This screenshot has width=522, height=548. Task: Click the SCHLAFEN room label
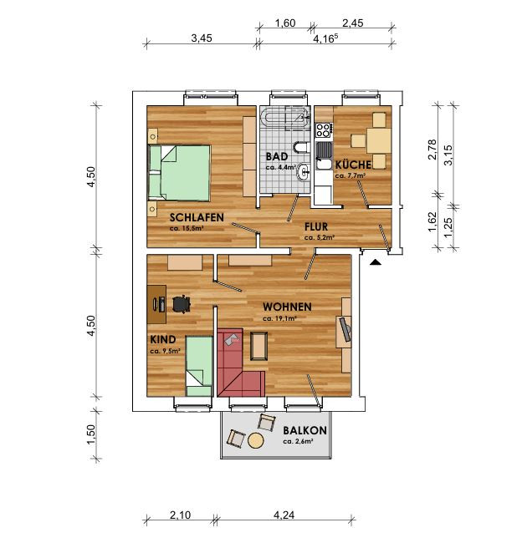[197, 217]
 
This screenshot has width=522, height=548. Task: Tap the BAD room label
[277, 156]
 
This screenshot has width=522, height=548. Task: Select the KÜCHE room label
[353, 165]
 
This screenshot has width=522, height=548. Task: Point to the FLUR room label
[316, 226]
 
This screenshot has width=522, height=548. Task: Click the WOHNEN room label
[287, 307]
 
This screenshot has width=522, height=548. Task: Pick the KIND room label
[163, 339]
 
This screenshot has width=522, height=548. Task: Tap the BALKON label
[304, 430]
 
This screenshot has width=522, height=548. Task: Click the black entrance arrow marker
[375, 262]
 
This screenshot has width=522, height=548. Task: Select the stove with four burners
[323, 130]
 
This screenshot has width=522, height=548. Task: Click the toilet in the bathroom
[300, 147]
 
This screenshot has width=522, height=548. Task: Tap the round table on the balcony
[255, 440]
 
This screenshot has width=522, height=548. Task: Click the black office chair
[182, 303]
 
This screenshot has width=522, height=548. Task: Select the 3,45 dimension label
[202, 38]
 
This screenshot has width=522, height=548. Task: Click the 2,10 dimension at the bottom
[180, 515]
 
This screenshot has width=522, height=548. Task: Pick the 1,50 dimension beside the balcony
[90, 434]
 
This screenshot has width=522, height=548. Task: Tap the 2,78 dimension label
[432, 150]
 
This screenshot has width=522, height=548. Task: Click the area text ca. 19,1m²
[279, 318]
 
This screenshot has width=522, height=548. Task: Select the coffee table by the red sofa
[258, 346]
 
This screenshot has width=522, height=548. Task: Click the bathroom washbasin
[304, 171]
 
